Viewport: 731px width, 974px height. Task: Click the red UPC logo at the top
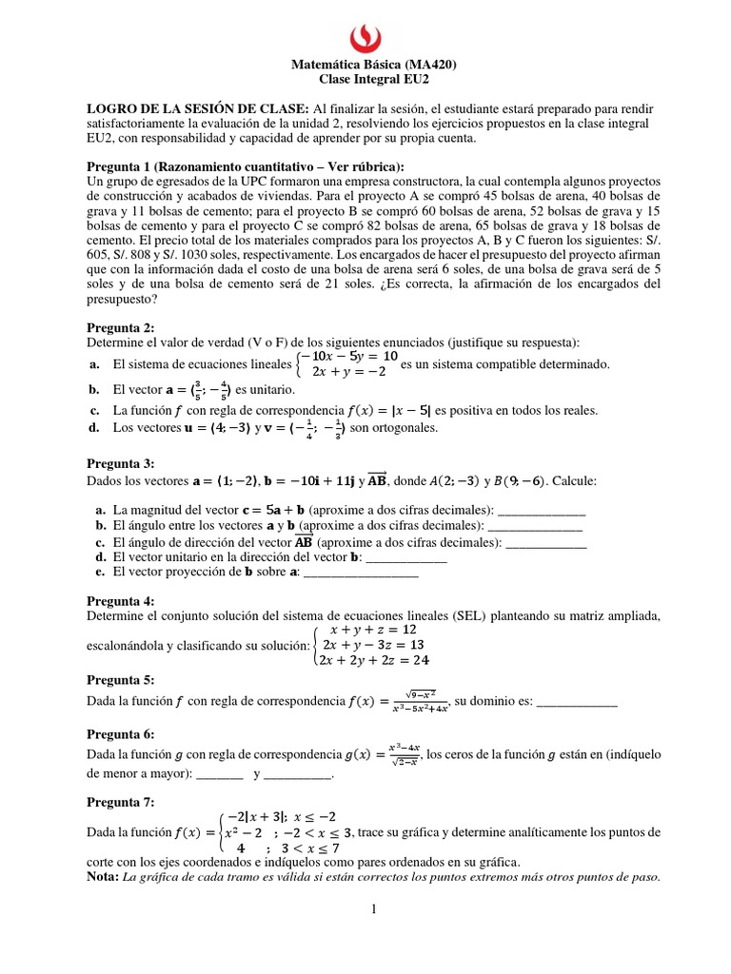(365, 35)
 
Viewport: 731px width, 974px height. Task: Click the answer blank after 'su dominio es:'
(577, 705)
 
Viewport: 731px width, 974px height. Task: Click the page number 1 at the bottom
(374, 910)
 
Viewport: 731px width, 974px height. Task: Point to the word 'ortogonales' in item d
(405, 428)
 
